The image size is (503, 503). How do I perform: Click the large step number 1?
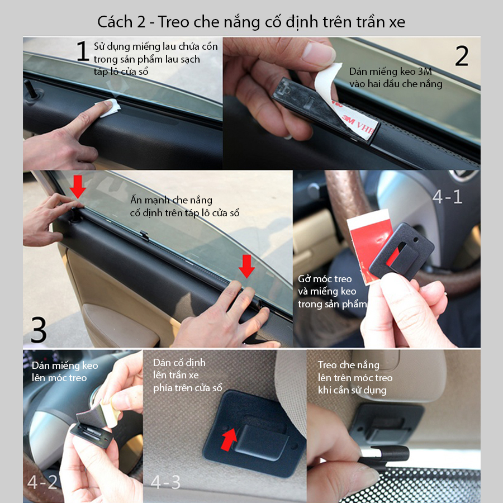coord(83,51)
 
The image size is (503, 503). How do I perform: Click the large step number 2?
coord(462,55)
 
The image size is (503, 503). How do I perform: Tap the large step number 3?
coord(39,329)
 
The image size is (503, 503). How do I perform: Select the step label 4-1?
coord(447,196)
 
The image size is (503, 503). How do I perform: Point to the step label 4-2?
coord(42,482)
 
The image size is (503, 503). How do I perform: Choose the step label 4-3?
coord(165,482)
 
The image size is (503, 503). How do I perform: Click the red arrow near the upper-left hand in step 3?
coord(78,186)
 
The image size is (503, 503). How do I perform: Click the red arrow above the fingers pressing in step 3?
coord(246,266)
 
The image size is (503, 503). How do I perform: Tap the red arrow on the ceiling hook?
coord(229,439)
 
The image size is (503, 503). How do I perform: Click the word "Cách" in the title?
coord(115,22)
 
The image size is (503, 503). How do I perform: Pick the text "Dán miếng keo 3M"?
coord(391,71)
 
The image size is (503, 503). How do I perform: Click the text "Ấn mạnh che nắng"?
coord(172,200)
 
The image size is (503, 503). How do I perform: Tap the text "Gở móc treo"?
coord(325,279)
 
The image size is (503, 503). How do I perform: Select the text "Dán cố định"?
coord(179,363)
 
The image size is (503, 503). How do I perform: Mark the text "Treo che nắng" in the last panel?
coord(348,365)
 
